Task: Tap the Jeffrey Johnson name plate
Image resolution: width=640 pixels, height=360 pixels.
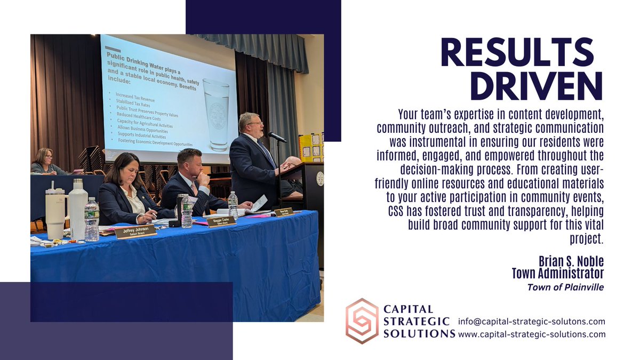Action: pos(135,231)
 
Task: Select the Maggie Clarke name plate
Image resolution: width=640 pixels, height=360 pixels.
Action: pos(221,221)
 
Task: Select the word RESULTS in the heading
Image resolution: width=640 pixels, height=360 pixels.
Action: pos(516,53)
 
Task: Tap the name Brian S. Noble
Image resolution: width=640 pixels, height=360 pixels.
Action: pos(571,261)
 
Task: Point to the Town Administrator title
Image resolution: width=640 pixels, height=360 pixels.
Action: pos(557,274)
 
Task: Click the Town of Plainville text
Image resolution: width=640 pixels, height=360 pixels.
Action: pos(565,287)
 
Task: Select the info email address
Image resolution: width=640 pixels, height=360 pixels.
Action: pos(531,322)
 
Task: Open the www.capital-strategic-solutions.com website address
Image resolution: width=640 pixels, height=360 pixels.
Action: pos(532,334)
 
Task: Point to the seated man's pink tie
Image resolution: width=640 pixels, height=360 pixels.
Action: pos(194,187)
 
